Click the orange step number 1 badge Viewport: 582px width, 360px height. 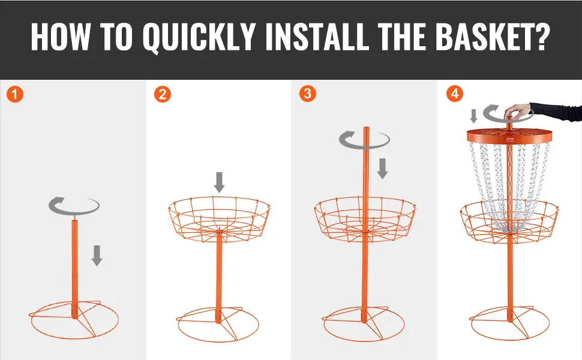click(x=15, y=94)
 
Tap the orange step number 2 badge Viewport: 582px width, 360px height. click(x=162, y=94)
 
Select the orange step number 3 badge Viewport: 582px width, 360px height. click(x=308, y=94)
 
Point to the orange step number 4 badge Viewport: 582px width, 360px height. click(x=455, y=94)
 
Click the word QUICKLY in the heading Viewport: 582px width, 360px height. click(x=199, y=37)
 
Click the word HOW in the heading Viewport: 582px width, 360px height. click(x=60, y=37)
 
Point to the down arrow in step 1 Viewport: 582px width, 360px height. click(x=97, y=256)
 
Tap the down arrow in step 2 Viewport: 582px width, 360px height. click(x=220, y=182)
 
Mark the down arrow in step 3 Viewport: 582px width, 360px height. click(x=382, y=169)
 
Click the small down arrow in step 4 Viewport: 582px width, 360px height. click(x=473, y=116)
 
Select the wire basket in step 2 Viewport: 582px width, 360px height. click(x=220, y=219)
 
